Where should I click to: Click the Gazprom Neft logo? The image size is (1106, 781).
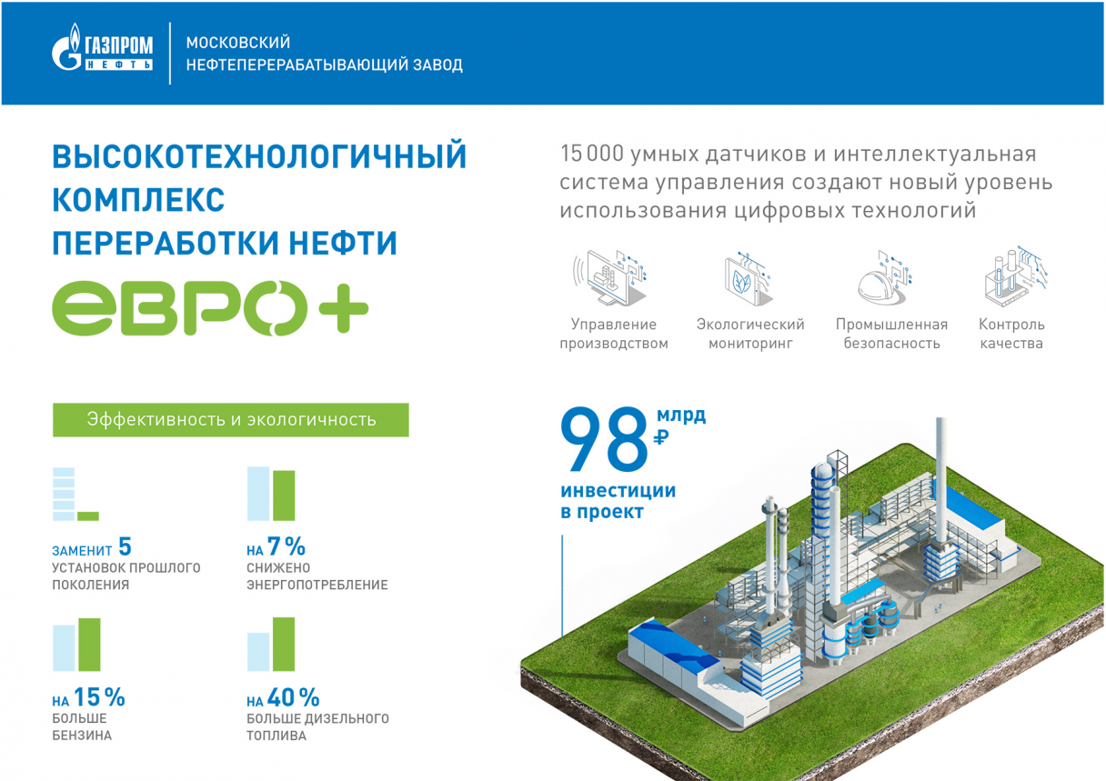point(102,47)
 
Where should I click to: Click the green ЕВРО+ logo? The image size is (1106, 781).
point(210,308)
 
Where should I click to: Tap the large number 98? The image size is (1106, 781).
point(603,438)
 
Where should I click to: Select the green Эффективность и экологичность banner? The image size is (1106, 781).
point(231,420)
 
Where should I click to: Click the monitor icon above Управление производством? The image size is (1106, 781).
point(609,277)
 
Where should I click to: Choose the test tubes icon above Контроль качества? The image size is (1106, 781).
point(1015,276)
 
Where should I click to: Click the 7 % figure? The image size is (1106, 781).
point(287,546)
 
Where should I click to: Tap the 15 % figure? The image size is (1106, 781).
point(99,697)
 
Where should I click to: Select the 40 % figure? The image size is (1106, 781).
point(293,697)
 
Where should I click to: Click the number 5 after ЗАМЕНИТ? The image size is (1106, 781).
point(125,546)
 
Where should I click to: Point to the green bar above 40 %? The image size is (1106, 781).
point(284,645)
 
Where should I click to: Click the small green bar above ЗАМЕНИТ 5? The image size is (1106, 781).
point(88,516)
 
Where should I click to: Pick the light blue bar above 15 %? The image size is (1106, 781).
point(64,648)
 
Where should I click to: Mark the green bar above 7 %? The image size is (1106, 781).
point(284,496)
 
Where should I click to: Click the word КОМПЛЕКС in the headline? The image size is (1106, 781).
point(138,199)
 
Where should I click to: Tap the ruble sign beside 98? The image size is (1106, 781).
point(660,436)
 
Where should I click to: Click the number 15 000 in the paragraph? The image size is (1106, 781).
point(592,154)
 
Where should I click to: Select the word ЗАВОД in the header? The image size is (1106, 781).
point(438,65)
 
